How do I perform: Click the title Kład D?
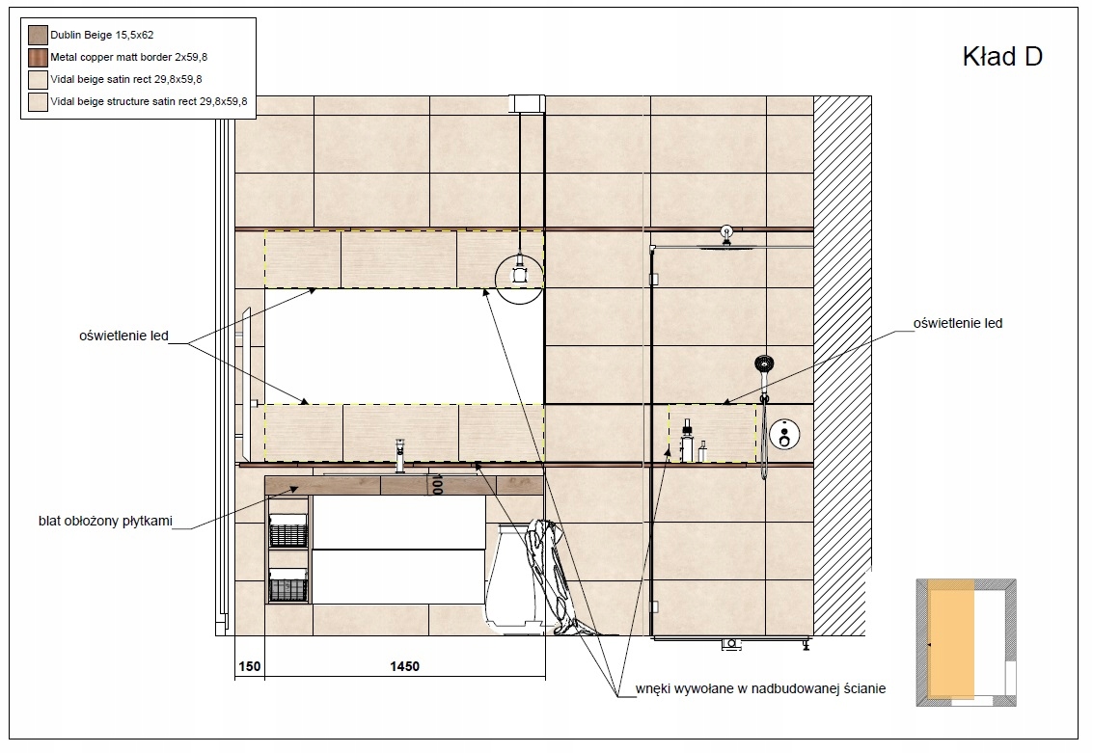pyautogui.click(x=1001, y=57)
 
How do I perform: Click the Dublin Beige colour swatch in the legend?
pyautogui.click(x=38, y=35)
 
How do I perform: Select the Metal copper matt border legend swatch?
pyautogui.click(x=38, y=57)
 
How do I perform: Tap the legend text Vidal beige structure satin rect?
pyautogui.click(x=123, y=101)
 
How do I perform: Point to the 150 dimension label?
pyautogui.click(x=250, y=666)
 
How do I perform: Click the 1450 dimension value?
pyautogui.click(x=404, y=666)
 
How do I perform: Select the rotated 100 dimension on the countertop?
pyautogui.click(x=437, y=484)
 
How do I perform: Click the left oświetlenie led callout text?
pyautogui.click(x=123, y=336)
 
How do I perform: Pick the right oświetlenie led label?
pyautogui.click(x=958, y=323)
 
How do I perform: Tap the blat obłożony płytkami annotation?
pyautogui.click(x=105, y=521)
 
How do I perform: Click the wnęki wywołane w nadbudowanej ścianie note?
pyautogui.click(x=760, y=689)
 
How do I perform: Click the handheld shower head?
pyautogui.click(x=764, y=363)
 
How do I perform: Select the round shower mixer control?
pyautogui.click(x=785, y=436)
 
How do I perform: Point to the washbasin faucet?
pyautogui.click(x=399, y=456)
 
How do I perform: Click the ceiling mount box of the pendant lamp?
pyautogui.click(x=527, y=104)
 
